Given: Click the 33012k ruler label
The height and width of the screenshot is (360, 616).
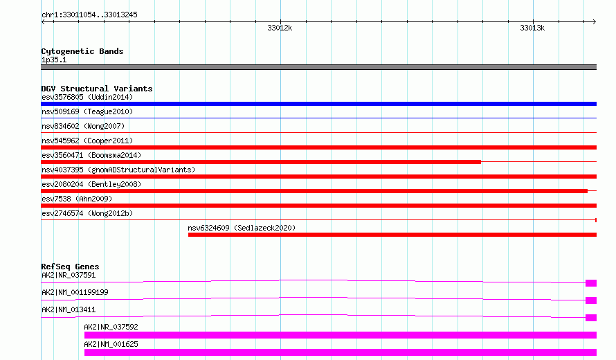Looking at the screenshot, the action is [280, 28].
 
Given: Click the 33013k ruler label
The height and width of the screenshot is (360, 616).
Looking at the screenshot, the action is [532, 28].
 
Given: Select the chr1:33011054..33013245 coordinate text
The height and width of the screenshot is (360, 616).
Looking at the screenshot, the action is [89, 15].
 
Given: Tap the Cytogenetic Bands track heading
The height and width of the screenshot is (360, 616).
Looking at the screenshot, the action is [82, 51].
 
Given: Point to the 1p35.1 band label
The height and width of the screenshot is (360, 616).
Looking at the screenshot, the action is [54, 60].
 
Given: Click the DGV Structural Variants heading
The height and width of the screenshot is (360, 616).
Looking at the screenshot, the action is [97, 89].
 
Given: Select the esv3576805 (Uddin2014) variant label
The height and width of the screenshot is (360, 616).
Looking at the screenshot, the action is [87, 97].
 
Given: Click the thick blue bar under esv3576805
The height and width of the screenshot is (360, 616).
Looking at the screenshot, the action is [318, 104].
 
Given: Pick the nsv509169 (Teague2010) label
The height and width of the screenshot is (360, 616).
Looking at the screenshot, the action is [87, 111].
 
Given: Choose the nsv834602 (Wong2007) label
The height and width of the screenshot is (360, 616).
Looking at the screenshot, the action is [83, 126].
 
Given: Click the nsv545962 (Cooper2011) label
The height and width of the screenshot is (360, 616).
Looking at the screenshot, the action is [87, 141].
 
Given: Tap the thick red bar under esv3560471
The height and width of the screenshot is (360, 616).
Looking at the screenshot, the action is [261, 162].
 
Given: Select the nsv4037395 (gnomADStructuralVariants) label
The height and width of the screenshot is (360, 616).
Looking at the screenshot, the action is [118, 170].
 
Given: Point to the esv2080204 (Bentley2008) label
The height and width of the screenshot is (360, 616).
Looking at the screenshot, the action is [91, 184].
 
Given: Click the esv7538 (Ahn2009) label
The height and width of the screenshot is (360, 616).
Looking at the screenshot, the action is [77, 199].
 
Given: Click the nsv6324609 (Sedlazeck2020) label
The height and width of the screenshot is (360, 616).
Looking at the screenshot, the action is [242, 228].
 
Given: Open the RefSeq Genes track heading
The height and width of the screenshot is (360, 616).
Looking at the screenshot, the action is [70, 267].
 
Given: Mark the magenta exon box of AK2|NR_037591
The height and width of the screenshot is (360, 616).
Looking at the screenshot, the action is [591, 283].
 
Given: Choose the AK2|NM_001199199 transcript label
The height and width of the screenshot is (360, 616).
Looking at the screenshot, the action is [75, 292].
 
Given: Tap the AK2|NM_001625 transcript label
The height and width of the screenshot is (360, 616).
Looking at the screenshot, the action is [111, 344].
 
